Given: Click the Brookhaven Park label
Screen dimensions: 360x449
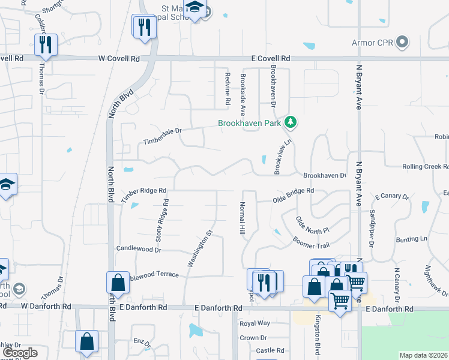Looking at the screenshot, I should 250,123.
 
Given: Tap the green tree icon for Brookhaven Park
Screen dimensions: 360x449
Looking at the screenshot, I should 291,122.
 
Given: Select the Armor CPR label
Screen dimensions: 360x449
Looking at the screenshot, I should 373,43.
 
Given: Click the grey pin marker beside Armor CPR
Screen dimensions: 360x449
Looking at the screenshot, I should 402,43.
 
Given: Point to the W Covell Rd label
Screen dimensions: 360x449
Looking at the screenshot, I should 120,59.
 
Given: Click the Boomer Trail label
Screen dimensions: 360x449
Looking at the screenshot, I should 311,241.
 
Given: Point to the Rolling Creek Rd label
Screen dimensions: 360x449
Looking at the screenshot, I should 425,166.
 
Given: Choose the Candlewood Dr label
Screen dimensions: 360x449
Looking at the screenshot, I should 135,248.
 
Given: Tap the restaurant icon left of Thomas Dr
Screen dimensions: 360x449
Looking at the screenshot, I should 45,44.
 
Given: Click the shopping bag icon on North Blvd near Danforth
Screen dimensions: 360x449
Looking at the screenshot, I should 118,282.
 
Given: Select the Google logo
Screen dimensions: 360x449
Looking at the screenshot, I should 20,352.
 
